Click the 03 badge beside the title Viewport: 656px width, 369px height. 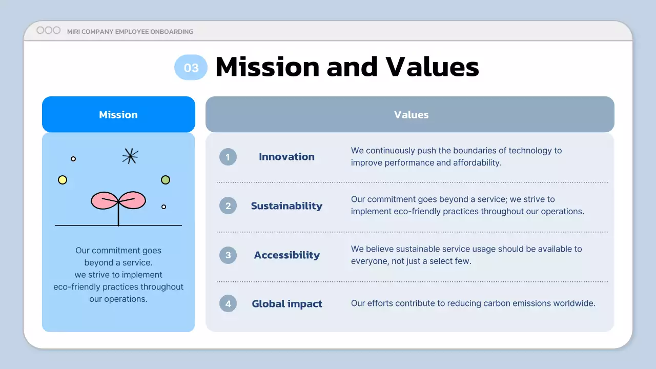191,68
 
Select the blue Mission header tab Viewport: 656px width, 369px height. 118,114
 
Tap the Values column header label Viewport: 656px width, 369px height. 411,114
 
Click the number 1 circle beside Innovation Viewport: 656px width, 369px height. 228,157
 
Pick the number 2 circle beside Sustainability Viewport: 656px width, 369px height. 228,206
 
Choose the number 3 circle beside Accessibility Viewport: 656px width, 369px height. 228,255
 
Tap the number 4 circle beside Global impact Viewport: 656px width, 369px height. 228,304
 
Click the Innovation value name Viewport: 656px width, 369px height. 286,157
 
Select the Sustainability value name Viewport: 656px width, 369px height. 286,206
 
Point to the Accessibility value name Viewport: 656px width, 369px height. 286,255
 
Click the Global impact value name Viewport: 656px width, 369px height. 287,304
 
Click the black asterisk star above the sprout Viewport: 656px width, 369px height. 130,156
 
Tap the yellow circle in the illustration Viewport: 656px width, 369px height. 63,180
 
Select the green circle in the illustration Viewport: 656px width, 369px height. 166,180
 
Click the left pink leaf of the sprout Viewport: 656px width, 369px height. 104,201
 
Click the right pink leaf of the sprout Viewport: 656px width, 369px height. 133,200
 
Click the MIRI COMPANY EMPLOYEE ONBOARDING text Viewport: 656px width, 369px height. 130,32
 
